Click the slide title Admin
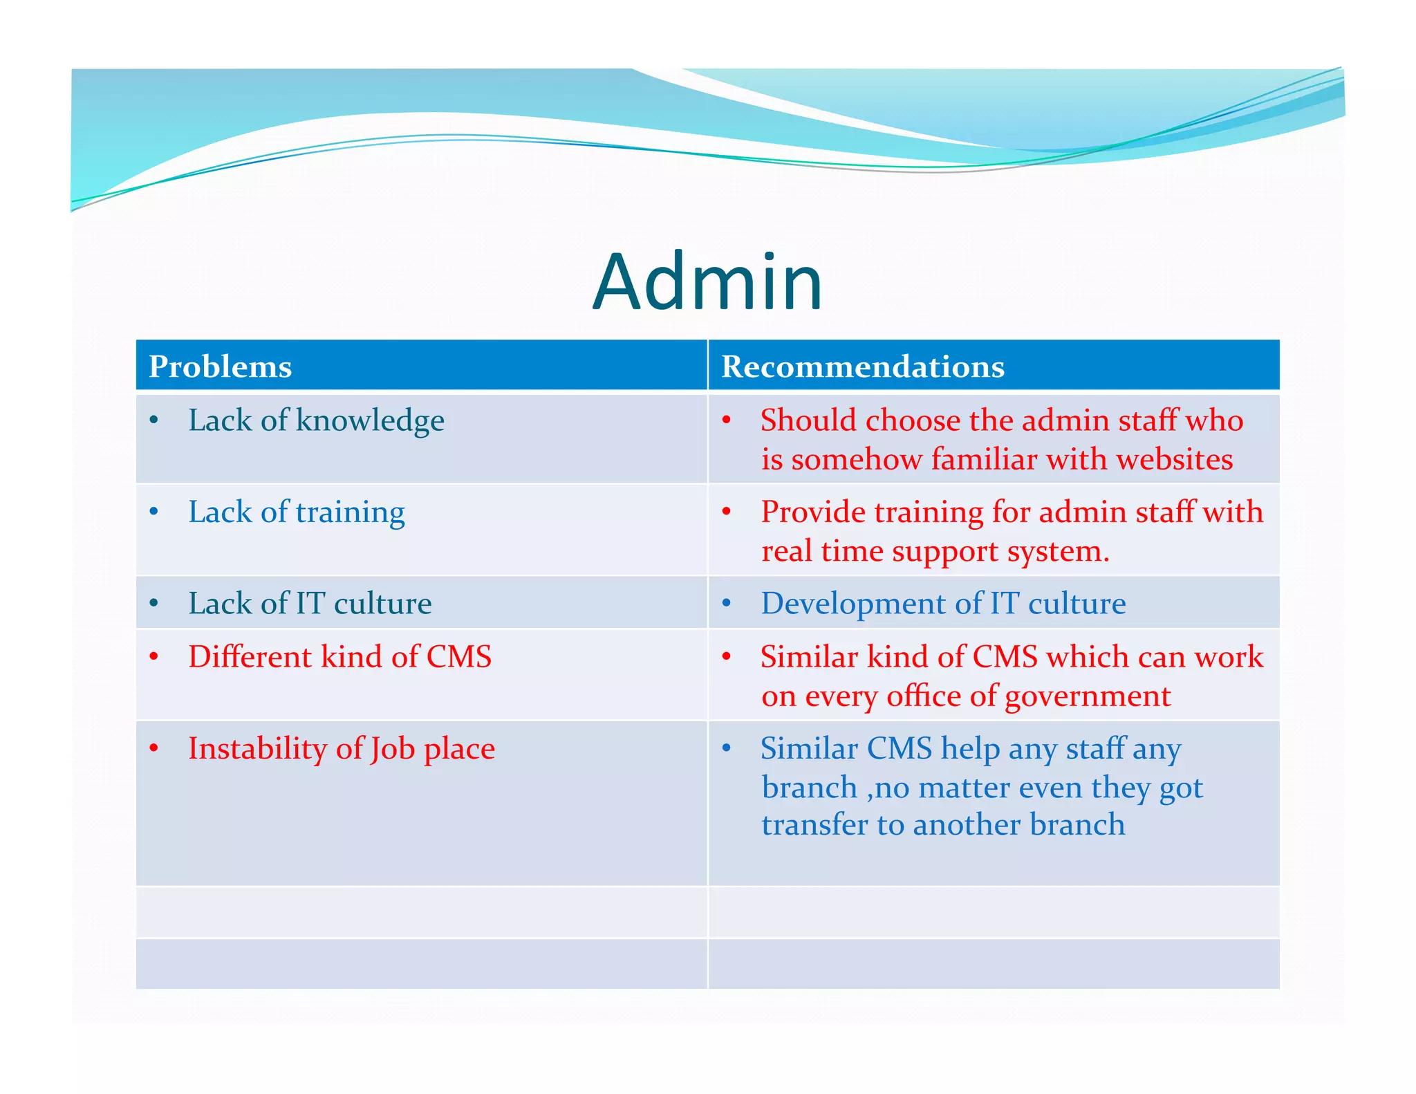coord(707,282)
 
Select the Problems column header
coord(221,367)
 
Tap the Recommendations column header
coord(862,367)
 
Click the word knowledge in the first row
coord(370,421)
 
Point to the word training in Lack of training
coord(351,513)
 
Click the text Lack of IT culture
coord(310,604)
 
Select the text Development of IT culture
coord(943,604)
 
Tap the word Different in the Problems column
coord(250,657)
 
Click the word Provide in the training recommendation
coord(813,512)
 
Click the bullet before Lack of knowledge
coord(154,420)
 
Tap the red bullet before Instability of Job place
coord(154,748)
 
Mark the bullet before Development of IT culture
coord(727,604)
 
